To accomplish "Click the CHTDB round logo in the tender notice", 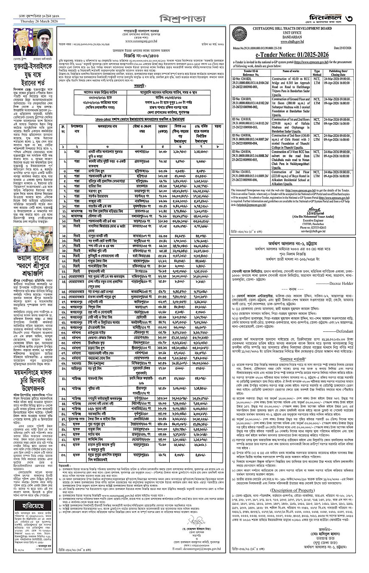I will point(239,34).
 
